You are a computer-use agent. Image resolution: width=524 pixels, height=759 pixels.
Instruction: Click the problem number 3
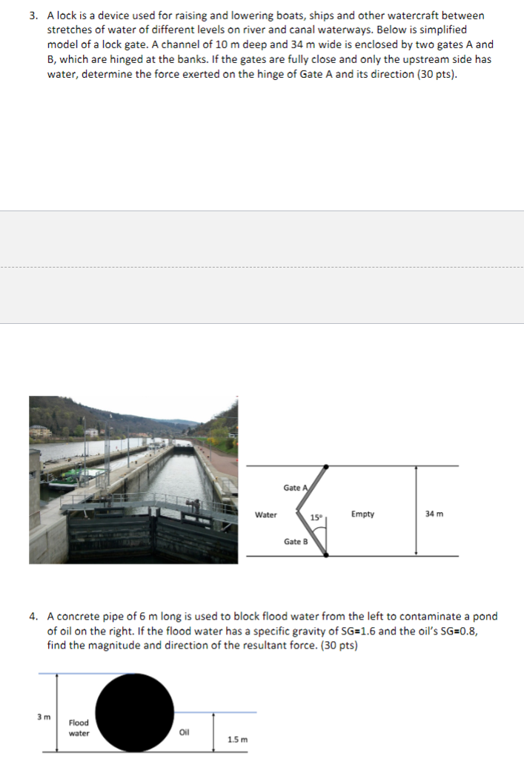tap(33, 16)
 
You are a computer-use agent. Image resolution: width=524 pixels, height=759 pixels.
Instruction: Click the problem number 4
tap(33, 616)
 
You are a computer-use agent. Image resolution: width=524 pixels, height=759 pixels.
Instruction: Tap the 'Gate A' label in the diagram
tap(293, 488)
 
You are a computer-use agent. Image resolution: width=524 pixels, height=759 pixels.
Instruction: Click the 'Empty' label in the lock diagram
tap(362, 514)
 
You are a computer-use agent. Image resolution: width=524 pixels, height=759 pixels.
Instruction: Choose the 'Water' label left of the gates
tap(266, 514)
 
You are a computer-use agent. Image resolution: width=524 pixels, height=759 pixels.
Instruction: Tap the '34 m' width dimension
tap(435, 514)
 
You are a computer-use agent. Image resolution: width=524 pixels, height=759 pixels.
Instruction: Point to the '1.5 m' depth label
tap(237, 739)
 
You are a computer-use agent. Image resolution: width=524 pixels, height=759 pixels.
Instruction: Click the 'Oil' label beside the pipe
tap(185, 734)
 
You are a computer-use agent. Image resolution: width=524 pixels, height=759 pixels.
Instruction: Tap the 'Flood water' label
tap(79, 728)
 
